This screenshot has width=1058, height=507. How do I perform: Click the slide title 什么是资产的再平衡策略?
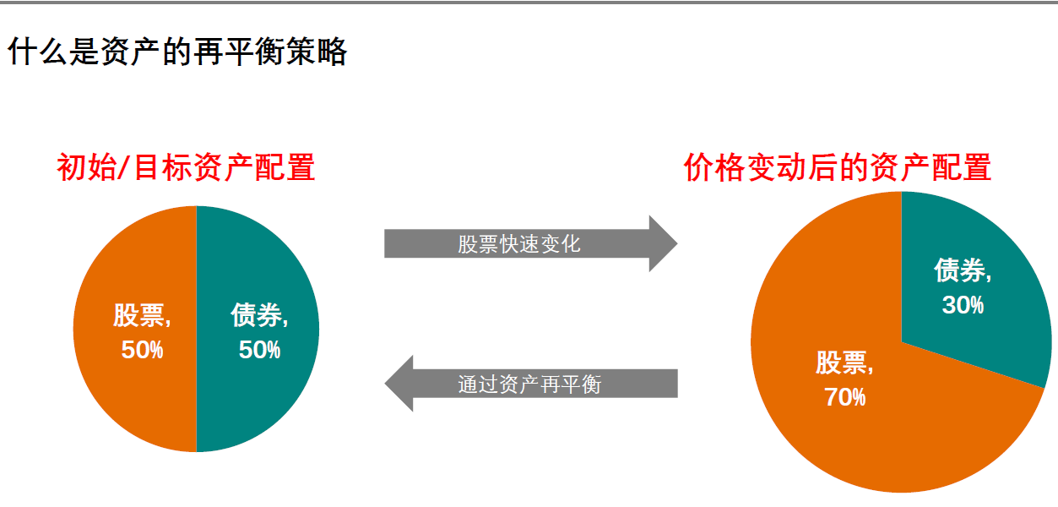pyautogui.click(x=177, y=52)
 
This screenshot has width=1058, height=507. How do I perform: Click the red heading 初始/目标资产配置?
pyautogui.click(x=186, y=167)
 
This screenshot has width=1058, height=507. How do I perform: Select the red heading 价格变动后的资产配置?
pyautogui.click(x=837, y=167)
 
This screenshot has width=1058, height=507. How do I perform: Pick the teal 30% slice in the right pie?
pyautogui.click(x=988, y=338)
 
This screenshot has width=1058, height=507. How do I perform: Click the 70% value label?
pyautogui.click(x=844, y=397)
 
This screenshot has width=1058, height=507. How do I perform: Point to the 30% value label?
pyautogui.click(x=963, y=305)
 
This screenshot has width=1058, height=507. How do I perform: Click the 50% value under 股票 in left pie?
pyautogui.click(x=142, y=350)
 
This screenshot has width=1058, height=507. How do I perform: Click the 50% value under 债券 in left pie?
pyautogui.click(x=259, y=350)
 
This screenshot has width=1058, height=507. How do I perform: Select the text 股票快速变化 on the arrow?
pyautogui.click(x=519, y=244)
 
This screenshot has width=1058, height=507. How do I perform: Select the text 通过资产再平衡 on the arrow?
pyautogui.click(x=529, y=384)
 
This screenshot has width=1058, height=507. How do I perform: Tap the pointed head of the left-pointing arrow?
pyautogui.click(x=398, y=384)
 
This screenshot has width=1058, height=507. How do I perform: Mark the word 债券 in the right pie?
pyautogui.click(x=959, y=271)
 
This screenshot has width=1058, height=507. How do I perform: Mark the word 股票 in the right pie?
pyautogui.click(x=841, y=363)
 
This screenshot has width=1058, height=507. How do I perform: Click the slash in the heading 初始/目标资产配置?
pyautogui.click(x=122, y=167)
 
